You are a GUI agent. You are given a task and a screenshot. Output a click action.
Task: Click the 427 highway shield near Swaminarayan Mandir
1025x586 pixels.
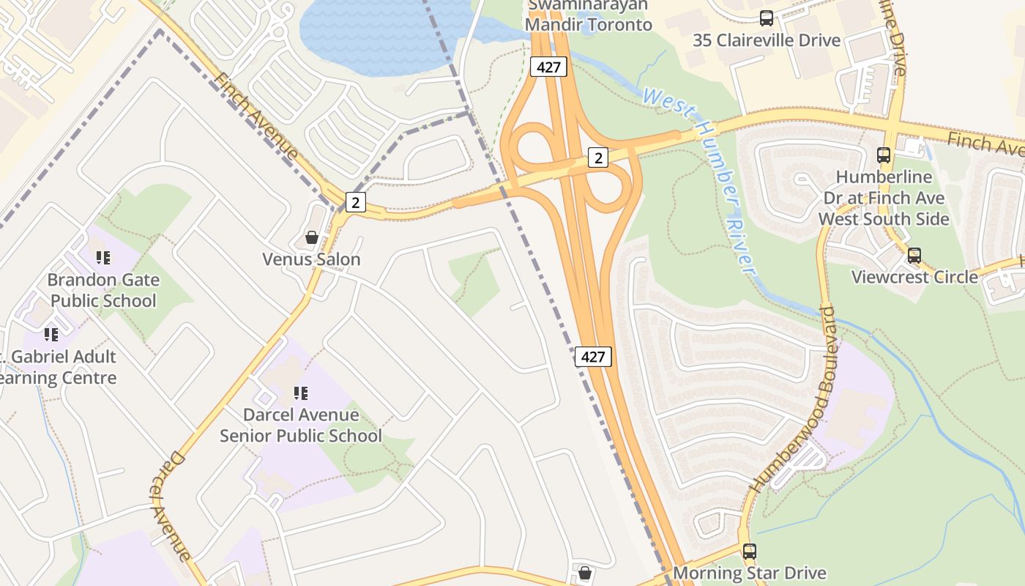[x=548, y=67]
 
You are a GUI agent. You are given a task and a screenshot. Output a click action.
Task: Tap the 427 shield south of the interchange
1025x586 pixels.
[x=593, y=357]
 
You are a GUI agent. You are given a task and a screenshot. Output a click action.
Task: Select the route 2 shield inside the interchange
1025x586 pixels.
[x=598, y=157]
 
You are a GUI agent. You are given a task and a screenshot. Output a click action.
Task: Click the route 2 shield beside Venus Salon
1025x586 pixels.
[x=355, y=202]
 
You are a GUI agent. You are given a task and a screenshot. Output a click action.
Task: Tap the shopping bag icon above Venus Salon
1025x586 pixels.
[x=311, y=238]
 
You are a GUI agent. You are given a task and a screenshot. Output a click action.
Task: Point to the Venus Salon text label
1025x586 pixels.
[x=311, y=259]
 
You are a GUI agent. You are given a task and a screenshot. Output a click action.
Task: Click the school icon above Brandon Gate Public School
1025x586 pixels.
[x=103, y=258]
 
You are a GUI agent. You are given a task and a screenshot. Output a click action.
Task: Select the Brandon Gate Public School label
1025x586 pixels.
[x=103, y=290]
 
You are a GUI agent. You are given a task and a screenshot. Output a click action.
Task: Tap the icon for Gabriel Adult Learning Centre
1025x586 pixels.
[x=51, y=335]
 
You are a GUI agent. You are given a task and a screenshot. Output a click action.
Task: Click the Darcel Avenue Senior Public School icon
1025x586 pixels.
[x=301, y=393]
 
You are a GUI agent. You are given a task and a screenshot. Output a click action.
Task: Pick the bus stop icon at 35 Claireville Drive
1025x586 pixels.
[x=767, y=18]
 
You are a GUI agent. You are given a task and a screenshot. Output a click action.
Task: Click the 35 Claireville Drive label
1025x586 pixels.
[x=767, y=40]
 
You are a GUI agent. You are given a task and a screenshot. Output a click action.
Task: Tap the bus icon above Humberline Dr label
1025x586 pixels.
[x=884, y=155]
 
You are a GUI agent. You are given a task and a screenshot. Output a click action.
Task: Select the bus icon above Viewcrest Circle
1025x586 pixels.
[x=914, y=256]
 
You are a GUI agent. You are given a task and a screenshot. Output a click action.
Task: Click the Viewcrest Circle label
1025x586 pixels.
[x=914, y=277]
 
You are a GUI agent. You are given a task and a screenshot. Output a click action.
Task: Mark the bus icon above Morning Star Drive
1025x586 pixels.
[x=749, y=552]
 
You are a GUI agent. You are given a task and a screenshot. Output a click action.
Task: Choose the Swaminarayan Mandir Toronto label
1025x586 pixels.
[x=589, y=15]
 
